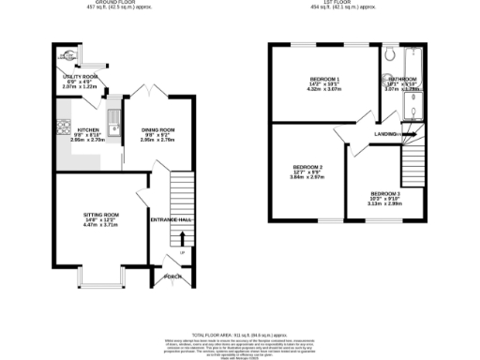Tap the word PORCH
pyautogui.click(x=172, y=277)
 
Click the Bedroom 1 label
pyautogui.click(x=324, y=80)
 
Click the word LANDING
pyautogui.click(x=386, y=135)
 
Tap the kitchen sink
pyautogui.click(x=113, y=121)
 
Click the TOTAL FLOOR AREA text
pyautogui.click(x=240, y=335)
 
